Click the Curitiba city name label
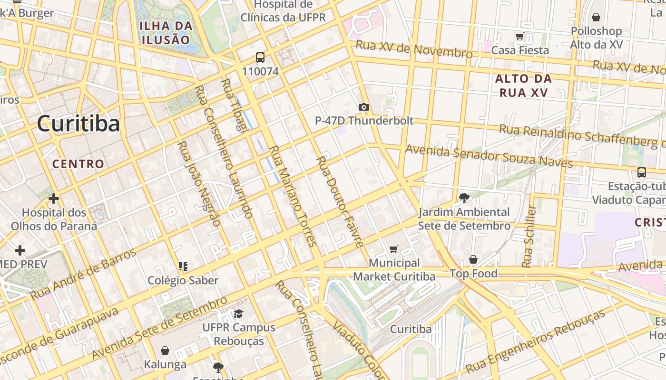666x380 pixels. [x=78, y=124]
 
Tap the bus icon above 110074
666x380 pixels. [x=260, y=57]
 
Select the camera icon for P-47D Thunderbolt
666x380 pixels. [x=364, y=107]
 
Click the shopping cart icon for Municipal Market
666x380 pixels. [x=394, y=249]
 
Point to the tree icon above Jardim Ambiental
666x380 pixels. [x=464, y=198]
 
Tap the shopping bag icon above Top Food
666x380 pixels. [x=473, y=259]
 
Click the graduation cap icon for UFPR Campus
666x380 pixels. [x=238, y=313]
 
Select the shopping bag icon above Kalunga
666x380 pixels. [x=165, y=351]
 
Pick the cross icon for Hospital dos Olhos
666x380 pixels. [x=54, y=198]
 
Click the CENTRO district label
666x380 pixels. [x=78, y=164]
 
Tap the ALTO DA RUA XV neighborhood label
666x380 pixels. [x=523, y=85]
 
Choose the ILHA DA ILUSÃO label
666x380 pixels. [x=166, y=32]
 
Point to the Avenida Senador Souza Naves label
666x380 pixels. [x=489, y=156]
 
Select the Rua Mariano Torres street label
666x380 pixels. [x=293, y=196]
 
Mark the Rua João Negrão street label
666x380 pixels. [x=199, y=183]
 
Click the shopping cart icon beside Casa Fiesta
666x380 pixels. [x=519, y=37]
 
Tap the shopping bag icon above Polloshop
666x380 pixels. [x=596, y=18]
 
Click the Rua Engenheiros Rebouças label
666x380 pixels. [x=535, y=341]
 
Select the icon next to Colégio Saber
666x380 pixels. [x=183, y=266]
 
